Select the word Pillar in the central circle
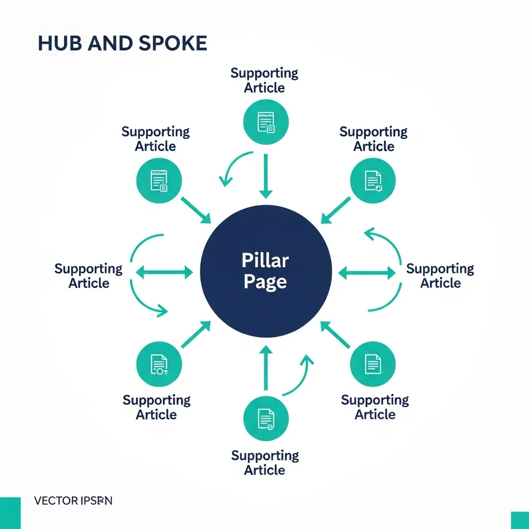pos(265,260)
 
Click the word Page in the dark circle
pos(265,282)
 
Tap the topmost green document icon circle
pos(266,122)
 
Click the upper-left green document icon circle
pos(159,180)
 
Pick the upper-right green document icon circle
pos(372,180)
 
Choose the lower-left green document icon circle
pos(159,364)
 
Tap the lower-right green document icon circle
pos(372,364)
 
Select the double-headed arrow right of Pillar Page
pos(367,272)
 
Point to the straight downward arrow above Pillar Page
pos(266,176)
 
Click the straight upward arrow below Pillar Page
pos(266,368)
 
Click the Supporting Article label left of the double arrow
pos(88,276)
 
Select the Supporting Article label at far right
pos(440,276)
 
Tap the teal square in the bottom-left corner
pos(10,513)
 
